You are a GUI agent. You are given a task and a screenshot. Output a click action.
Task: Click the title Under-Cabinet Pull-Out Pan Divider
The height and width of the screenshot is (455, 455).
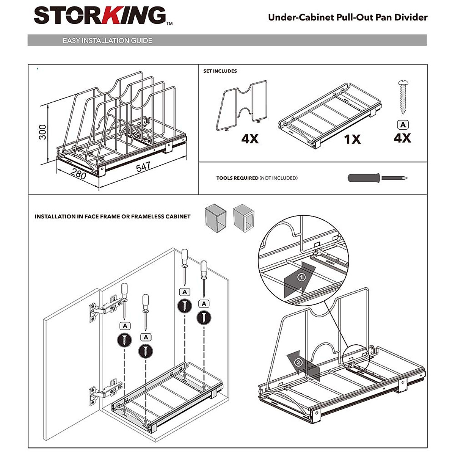(x=347, y=17)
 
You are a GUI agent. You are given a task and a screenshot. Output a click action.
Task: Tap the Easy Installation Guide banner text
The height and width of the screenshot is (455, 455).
(x=107, y=40)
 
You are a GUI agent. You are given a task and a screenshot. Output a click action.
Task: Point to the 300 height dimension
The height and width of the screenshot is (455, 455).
(x=42, y=132)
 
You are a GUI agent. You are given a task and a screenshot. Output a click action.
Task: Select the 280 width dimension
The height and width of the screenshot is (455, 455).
(x=78, y=174)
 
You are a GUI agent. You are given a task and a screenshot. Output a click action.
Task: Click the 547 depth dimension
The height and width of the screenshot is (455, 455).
(x=143, y=166)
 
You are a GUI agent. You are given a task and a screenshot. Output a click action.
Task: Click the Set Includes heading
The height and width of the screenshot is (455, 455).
(x=220, y=71)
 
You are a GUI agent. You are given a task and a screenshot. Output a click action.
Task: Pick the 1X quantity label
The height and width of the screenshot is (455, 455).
(x=352, y=139)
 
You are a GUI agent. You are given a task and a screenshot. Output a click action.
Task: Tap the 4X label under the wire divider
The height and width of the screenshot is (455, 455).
(x=250, y=139)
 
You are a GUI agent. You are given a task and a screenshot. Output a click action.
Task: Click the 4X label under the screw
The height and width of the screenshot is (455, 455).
(x=402, y=138)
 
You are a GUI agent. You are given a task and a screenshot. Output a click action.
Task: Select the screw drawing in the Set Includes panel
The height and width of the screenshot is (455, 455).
(x=402, y=97)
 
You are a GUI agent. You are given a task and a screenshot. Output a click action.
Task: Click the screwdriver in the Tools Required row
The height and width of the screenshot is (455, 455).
(x=377, y=178)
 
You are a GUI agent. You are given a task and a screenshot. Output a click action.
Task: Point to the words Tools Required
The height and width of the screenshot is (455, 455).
(x=237, y=178)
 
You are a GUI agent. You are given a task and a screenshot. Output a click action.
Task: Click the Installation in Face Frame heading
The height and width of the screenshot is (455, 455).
(x=113, y=217)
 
